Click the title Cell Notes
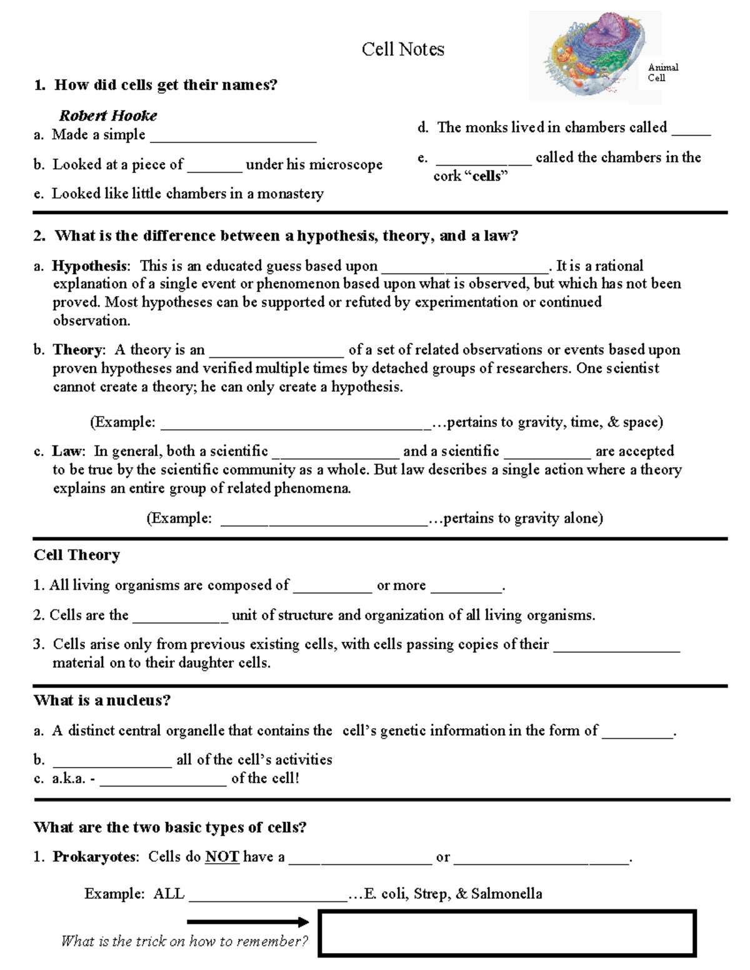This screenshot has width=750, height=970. click(403, 49)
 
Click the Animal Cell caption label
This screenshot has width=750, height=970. click(662, 72)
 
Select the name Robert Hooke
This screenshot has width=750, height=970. click(108, 116)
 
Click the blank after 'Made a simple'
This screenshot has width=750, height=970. click(233, 136)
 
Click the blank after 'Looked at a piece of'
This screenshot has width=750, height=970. click(214, 166)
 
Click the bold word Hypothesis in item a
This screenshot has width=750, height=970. click(89, 266)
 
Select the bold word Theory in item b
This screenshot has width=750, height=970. click(78, 350)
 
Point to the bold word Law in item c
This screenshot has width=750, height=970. click(67, 451)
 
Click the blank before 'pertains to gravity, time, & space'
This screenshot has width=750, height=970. click(296, 423)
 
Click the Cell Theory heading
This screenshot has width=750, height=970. click(77, 555)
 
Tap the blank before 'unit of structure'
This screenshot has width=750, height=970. click(181, 616)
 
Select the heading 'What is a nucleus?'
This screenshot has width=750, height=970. click(102, 700)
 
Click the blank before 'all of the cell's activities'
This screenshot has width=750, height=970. click(112, 761)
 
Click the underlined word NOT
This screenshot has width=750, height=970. click(222, 857)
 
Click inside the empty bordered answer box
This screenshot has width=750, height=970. click(507, 934)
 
